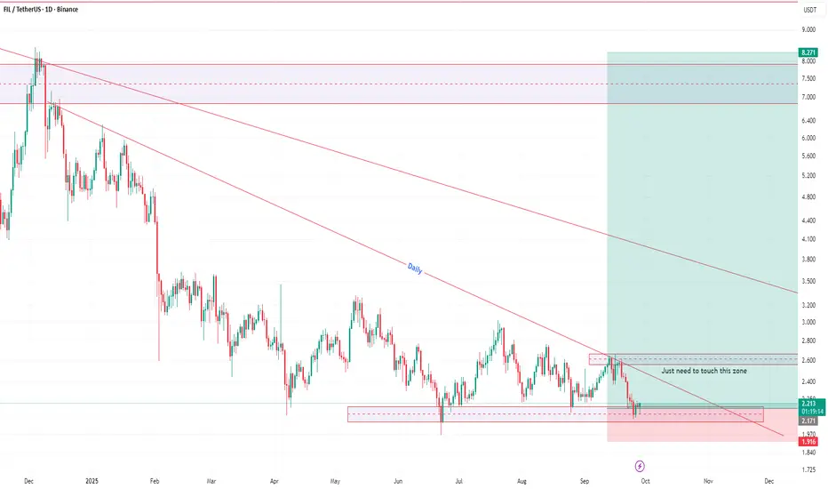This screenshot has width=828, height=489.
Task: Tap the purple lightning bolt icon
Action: point(641,465)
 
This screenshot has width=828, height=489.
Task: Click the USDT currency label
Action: point(811,11)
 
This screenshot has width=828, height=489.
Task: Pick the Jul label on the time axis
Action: point(458,481)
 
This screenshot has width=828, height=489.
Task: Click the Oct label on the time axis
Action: point(645,481)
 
